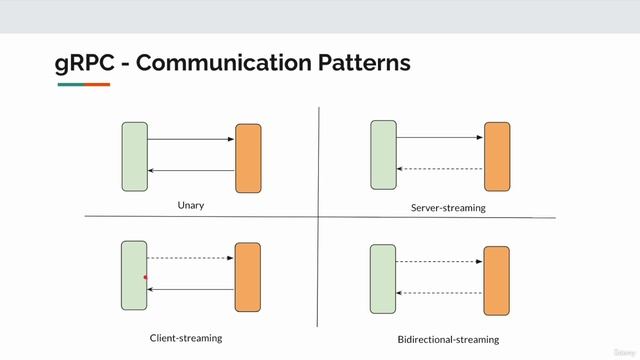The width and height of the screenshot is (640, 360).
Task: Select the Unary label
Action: (x=190, y=205)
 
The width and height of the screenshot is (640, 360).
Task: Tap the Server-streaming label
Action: (x=448, y=208)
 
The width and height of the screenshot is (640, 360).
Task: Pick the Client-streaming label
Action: (x=185, y=338)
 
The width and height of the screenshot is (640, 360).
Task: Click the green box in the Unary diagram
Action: (x=135, y=156)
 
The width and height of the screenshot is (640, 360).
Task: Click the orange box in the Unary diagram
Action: (x=248, y=158)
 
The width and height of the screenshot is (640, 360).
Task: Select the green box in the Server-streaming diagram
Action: (x=383, y=155)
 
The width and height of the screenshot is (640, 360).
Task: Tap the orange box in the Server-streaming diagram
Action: (x=497, y=156)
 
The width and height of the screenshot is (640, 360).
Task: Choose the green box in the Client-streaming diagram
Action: (x=134, y=275)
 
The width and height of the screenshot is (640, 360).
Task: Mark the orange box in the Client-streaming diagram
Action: (x=247, y=277)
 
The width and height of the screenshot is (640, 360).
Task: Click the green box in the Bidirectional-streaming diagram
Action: (x=383, y=278)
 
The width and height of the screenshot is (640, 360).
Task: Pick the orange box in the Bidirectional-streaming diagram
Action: (x=497, y=280)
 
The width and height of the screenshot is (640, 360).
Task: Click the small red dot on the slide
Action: (x=146, y=278)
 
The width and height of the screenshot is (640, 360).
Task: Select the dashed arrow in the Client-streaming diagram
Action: (x=190, y=258)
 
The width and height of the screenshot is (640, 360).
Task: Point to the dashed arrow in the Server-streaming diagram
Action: (x=440, y=169)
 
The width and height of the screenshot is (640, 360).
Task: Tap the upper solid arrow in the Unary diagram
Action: (x=190, y=139)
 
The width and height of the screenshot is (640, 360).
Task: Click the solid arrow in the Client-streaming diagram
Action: (x=190, y=290)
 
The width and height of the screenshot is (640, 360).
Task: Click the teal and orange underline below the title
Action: (x=83, y=85)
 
